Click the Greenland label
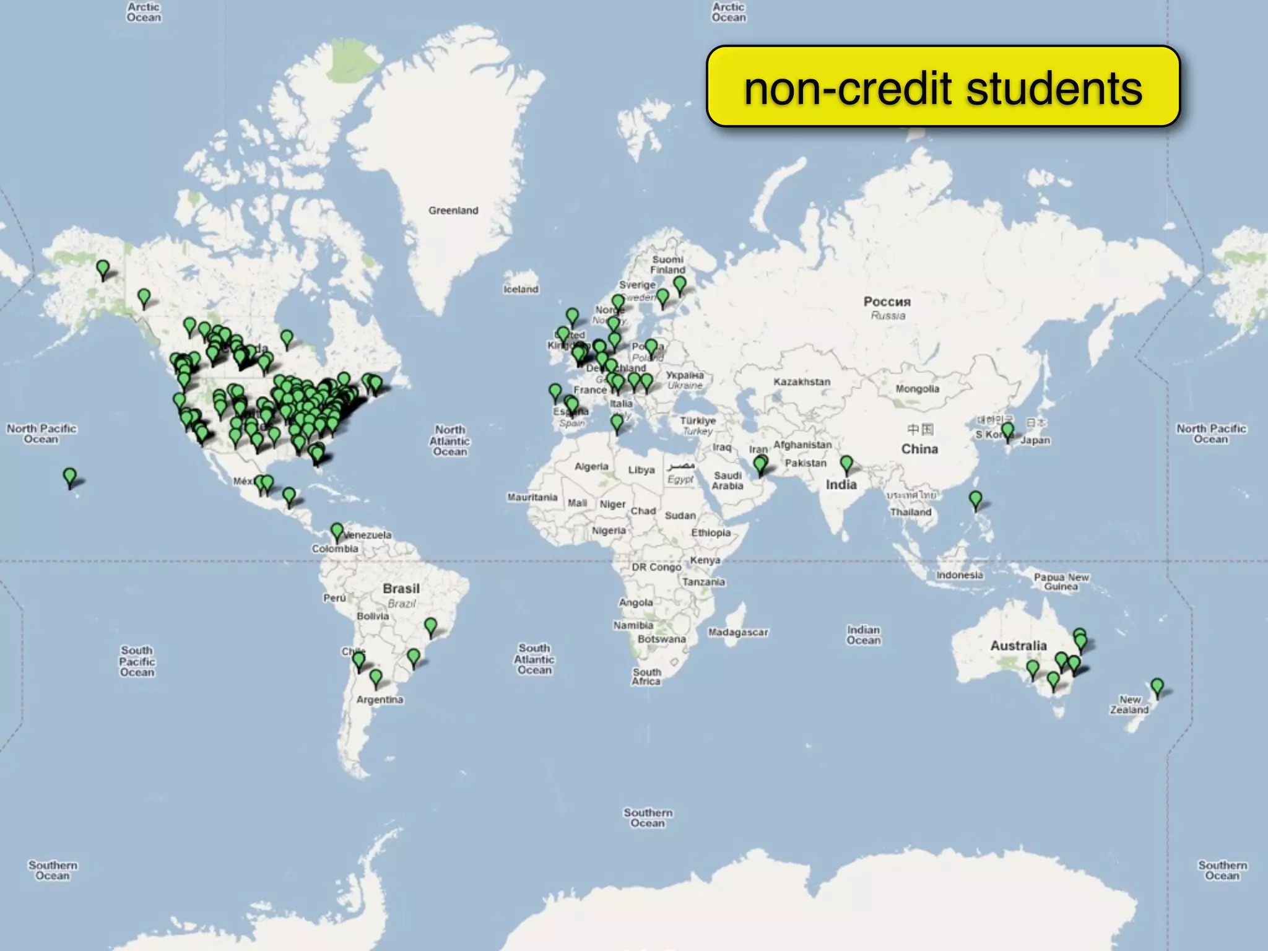(453, 211)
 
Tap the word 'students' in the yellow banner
(1054, 88)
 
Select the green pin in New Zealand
(1157, 687)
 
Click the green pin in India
(846, 464)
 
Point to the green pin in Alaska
(103, 269)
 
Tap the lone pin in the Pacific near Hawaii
(70, 477)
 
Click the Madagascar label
(738, 632)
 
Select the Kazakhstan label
(802, 382)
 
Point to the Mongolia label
(917, 389)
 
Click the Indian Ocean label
(864, 635)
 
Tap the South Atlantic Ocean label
(534, 659)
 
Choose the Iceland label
(521, 289)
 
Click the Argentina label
(380, 700)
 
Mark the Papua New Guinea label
(1061, 581)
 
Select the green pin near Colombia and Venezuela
(337, 531)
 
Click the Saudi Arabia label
(727, 480)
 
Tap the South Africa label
(646, 676)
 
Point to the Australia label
(1018, 646)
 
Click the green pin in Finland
(680, 285)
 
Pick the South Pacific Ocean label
(137, 661)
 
